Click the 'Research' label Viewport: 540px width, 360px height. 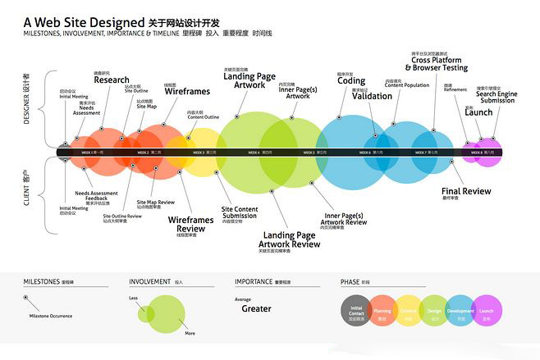click(111, 80)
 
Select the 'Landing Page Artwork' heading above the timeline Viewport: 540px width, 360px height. click(249, 80)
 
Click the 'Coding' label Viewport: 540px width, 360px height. click(350, 81)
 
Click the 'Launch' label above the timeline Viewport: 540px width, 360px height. click(478, 112)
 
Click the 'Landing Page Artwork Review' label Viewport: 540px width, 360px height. click(289, 239)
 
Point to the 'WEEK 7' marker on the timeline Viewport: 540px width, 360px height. click(425, 153)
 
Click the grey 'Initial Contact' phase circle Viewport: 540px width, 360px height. click(356, 312)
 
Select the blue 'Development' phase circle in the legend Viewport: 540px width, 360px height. click(461, 312)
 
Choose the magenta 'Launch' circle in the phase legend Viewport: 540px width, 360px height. click(487, 312)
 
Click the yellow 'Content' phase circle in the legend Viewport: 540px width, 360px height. click(409, 312)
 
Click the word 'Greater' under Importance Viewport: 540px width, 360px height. click(256, 309)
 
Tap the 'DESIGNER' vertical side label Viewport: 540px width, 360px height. click(26, 98)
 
